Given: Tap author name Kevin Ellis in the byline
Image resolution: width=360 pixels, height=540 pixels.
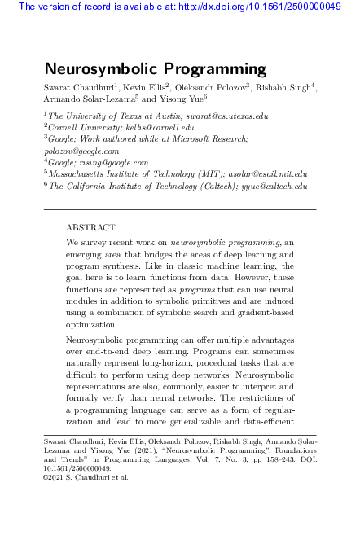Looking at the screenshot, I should click(143, 87).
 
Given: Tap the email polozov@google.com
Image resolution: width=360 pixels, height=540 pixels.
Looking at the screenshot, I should click(81, 151).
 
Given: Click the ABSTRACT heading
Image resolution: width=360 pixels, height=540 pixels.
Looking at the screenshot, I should click(90, 227).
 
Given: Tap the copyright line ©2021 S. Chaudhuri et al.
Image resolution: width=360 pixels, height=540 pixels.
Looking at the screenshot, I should click(86, 477).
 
